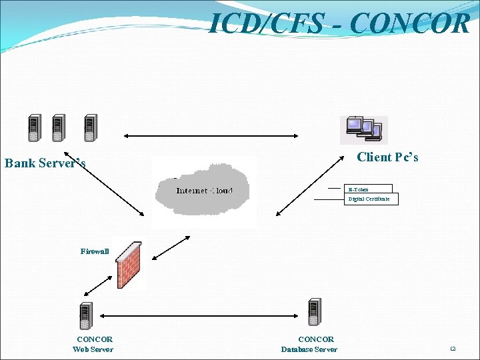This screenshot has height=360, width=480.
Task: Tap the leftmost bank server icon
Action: coord(33,128)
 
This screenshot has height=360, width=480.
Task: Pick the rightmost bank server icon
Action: coord(90,128)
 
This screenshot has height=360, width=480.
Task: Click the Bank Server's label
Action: coord(45,163)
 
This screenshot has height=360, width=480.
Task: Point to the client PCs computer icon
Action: coord(364,130)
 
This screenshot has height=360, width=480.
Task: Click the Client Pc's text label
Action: coord(387,157)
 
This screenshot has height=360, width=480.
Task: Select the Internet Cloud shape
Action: coord(204,191)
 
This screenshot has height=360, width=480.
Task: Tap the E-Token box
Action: coord(369,189)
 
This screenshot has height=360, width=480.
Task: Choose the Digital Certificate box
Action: coord(371,199)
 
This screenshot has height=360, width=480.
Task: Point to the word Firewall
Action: coord(95,251)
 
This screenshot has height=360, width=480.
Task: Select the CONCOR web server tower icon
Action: coord(86,315)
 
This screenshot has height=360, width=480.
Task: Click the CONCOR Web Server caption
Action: coord(93,344)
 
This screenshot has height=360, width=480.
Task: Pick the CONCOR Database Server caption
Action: coord(309,344)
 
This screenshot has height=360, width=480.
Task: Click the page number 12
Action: coord(453,349)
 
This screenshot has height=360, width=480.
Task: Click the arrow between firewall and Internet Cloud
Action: coord(169,247)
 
